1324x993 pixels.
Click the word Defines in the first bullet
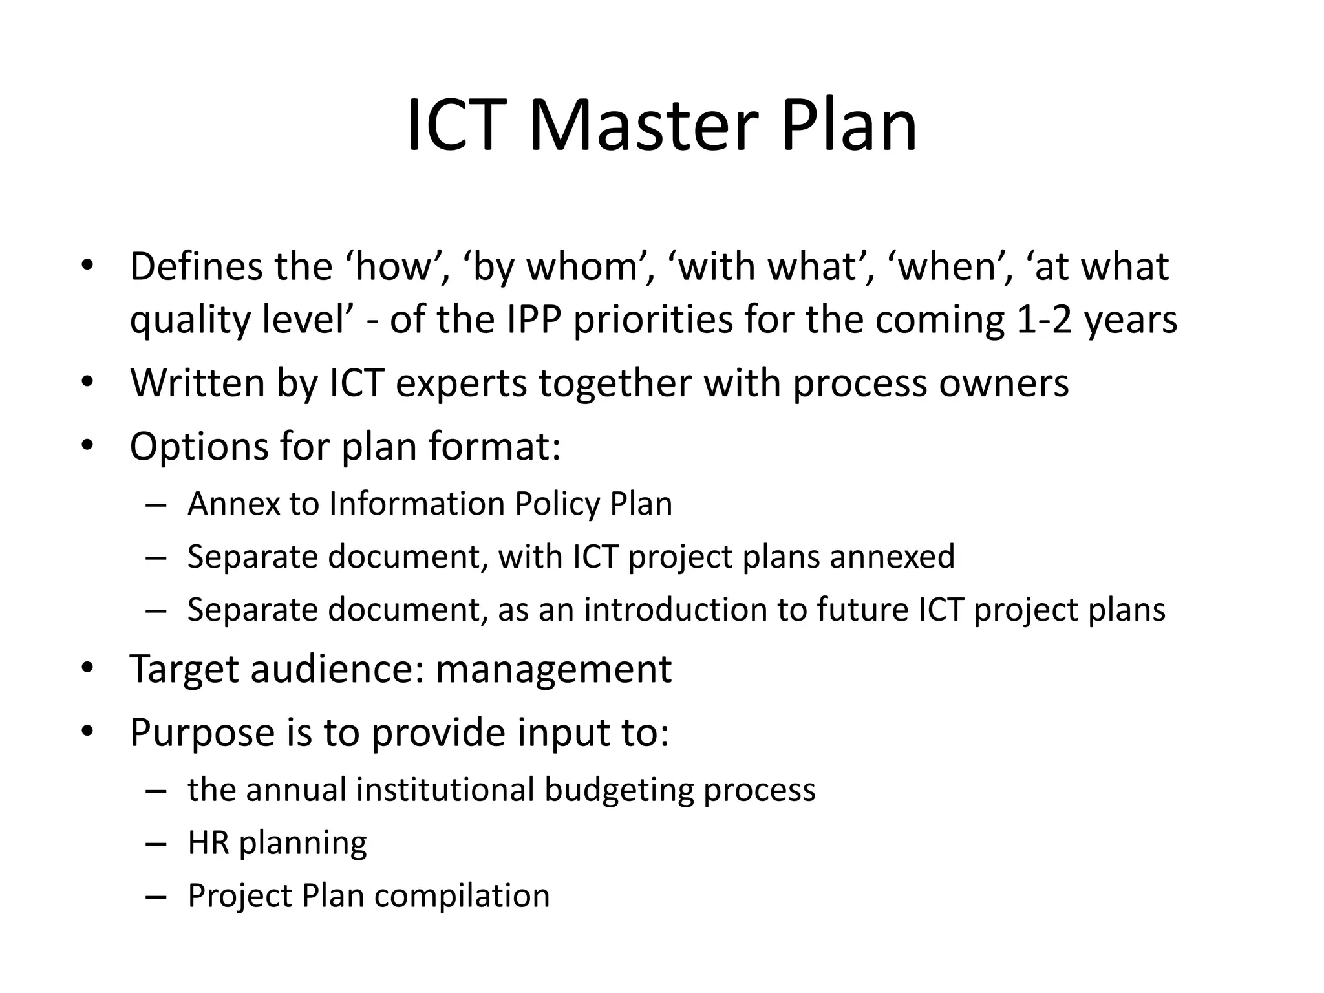(195, 266)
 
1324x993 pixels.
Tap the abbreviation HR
(208, 843)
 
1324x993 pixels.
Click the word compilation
(462, 896)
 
